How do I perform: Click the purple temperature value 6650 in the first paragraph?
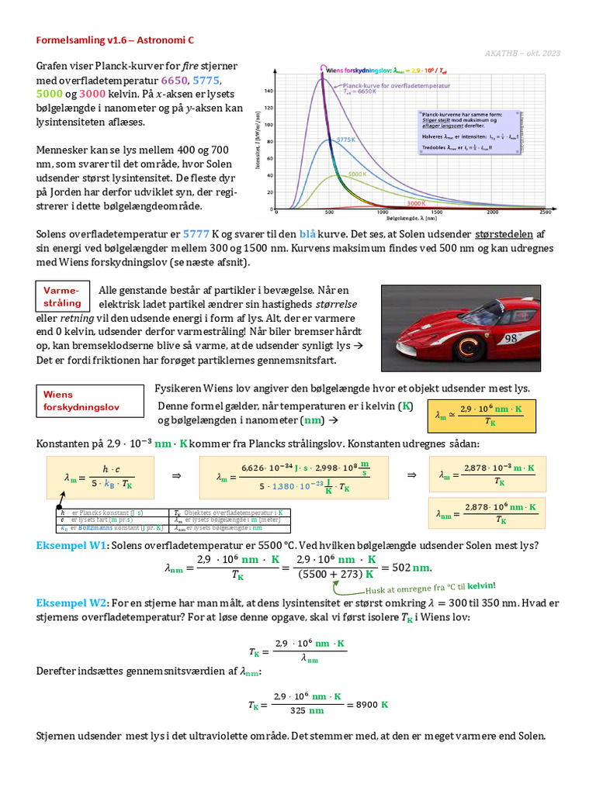[x=175, y=81]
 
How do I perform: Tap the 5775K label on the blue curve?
[x=345, y=140]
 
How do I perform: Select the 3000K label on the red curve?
[x=417, y=202]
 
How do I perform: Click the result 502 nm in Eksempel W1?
[x=411, y=567]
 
